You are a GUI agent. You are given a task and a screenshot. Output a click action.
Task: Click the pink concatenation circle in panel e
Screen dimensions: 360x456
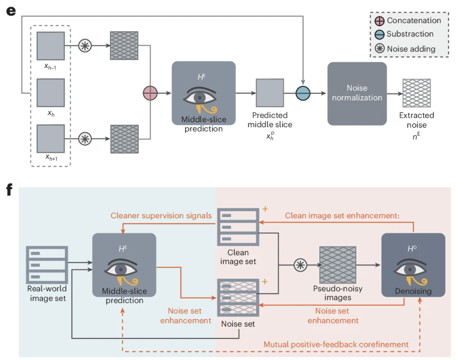(150, 93)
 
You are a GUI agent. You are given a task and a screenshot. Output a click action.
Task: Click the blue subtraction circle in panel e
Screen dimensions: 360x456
(303, 93)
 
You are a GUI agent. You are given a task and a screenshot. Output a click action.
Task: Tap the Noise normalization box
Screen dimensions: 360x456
(357, 94)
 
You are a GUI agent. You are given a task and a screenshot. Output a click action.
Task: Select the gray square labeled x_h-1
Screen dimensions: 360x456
(51, 46)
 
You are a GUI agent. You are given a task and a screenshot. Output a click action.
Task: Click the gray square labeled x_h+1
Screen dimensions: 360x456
(51, 139)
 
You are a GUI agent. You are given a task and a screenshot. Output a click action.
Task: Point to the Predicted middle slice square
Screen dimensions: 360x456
(270, 93)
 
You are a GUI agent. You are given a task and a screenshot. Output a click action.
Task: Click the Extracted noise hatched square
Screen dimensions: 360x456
(416, 93)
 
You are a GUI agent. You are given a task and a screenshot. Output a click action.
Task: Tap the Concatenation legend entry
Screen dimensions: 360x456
(408, 21)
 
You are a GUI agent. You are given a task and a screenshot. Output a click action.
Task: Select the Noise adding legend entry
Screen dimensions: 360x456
(405, 49)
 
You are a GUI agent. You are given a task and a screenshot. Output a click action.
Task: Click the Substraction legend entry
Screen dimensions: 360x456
(404, 34)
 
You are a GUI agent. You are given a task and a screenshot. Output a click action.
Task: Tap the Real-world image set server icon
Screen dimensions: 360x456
(47, 265)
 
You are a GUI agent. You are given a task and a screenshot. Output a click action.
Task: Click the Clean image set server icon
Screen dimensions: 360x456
(238, 227)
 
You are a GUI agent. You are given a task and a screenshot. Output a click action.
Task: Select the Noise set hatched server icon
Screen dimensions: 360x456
(238, 298)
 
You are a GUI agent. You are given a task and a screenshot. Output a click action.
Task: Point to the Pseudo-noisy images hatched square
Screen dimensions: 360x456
(337, 265)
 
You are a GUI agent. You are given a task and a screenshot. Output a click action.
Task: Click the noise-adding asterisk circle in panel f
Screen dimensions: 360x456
(300, 265)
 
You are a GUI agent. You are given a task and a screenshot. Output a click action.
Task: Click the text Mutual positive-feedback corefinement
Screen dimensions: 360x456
(336, 344)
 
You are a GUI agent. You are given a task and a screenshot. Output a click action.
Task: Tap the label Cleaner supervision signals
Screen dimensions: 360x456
(161, 216)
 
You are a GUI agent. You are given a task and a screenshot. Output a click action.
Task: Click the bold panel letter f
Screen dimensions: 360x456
(9, 189)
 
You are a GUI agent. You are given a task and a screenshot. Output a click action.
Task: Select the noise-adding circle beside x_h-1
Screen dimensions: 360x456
(85, 46)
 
